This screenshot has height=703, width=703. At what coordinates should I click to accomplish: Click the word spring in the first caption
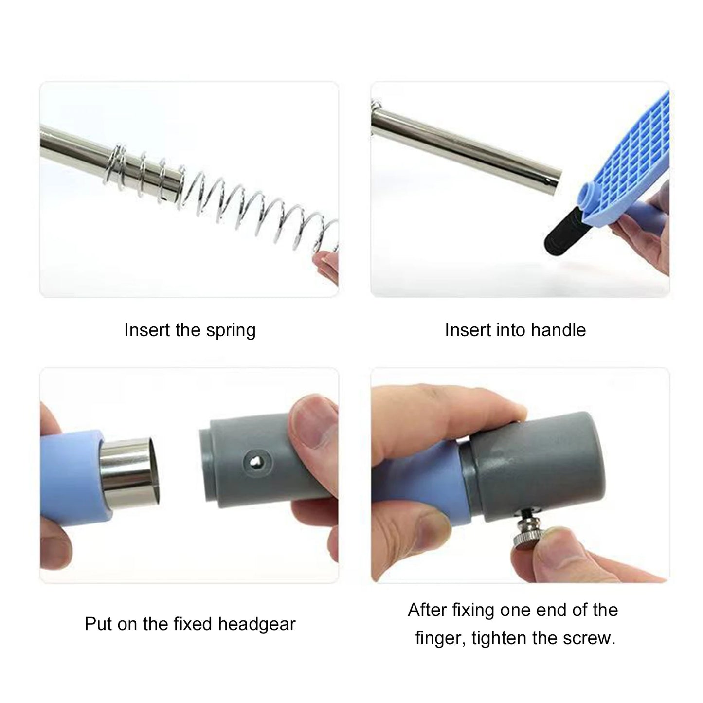tap(231, 331)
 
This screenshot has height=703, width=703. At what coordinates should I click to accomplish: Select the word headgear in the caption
tap(256, 624)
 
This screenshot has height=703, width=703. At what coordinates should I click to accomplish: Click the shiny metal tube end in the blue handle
tap(129, 471)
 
